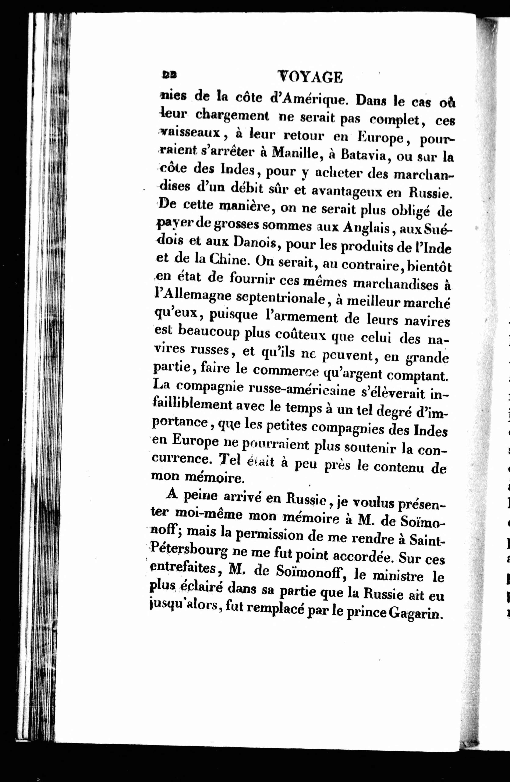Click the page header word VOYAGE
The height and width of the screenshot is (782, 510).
coord(310,78)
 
